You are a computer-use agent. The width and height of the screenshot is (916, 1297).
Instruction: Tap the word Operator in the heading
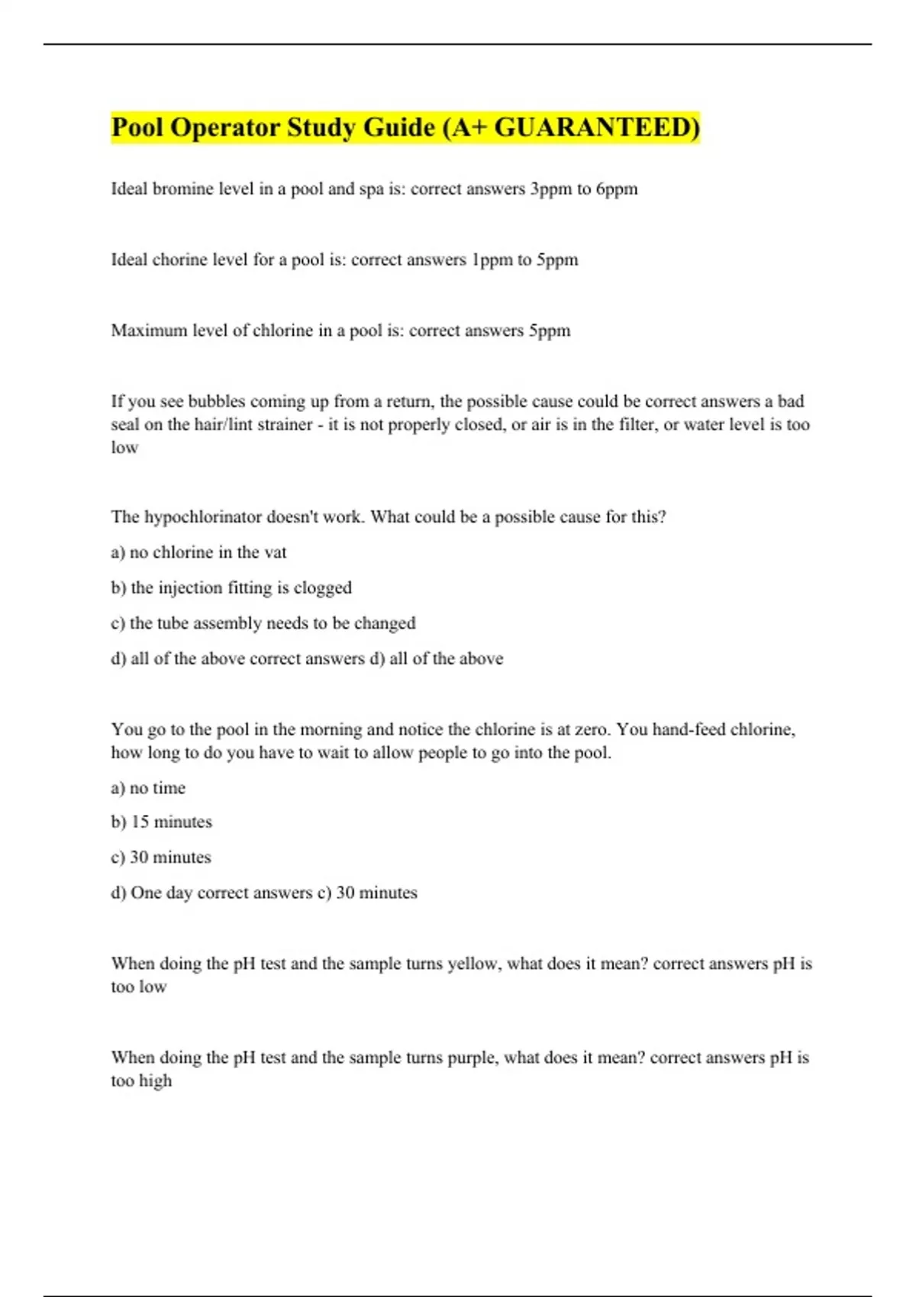click(x=224, y=127)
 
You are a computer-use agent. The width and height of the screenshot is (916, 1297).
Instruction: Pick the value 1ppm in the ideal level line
click(x=492, y=259)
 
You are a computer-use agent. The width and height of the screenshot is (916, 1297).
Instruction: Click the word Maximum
click(x=149, y=330)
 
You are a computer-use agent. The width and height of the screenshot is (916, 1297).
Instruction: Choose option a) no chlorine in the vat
click(x=198, y=552)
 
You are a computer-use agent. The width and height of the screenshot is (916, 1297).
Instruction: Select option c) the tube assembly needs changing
click(x=263, y=623)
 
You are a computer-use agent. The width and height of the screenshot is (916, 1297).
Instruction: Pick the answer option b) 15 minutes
click(x=161, y=822)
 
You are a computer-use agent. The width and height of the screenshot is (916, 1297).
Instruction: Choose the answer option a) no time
click(x=148, y=787)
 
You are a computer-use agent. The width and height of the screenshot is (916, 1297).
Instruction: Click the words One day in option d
click(x=161, y=893)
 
